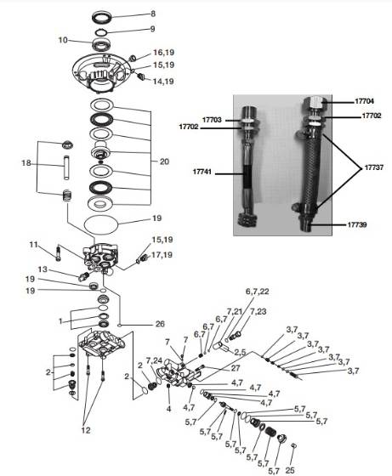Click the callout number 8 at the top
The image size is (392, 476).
click(153, 14)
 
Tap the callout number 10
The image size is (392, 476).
click(63, 40)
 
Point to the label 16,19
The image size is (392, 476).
click(163, 53)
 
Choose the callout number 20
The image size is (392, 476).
click(165, 159)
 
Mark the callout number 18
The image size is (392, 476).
click(26, 162)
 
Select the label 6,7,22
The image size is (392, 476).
click(257, 292)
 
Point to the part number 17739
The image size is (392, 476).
click(358, 225)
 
